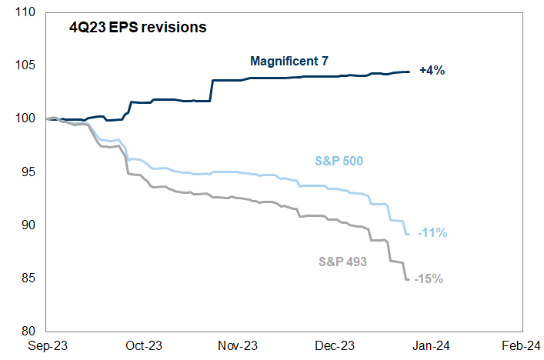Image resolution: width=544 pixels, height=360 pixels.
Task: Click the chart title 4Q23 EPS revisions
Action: click(x=136, y=28)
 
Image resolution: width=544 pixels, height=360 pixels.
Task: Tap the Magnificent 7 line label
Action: click(x=289, y=61)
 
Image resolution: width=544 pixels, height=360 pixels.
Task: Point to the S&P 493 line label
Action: click(x=342, y=261)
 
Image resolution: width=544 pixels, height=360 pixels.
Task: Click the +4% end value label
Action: click(x=432, y=71)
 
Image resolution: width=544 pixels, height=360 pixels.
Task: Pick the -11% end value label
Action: click(x=432, y=232)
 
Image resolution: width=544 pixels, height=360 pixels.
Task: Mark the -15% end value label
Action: click(x=429, y=278)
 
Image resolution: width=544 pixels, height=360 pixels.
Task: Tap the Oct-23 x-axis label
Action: click(x=143, y=347)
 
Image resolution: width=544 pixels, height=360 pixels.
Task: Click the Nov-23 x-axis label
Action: click(x=239, y=347)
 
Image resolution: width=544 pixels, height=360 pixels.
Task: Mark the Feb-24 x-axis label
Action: click(x=524, y=347)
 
